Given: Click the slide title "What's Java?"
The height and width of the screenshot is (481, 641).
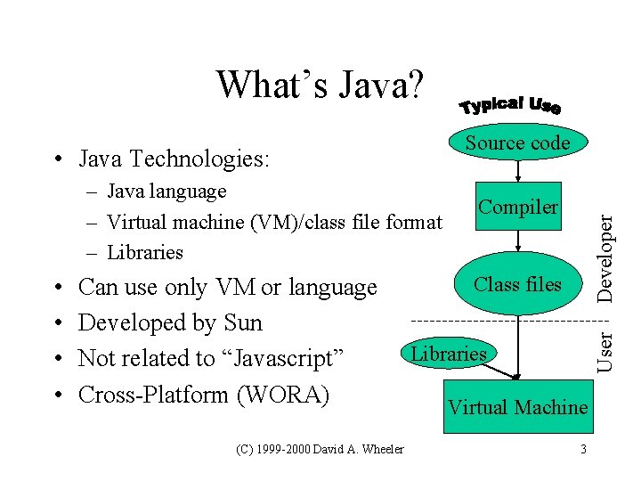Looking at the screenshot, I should click(321, 85).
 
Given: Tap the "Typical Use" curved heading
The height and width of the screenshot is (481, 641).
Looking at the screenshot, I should click(510, 106).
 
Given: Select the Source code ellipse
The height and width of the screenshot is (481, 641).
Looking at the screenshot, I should click(517, 143).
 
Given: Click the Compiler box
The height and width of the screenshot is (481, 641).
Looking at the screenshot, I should click(518, 208).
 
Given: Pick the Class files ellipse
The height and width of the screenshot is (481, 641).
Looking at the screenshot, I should click(517, 285).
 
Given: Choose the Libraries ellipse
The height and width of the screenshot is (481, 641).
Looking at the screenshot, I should click(450, 354).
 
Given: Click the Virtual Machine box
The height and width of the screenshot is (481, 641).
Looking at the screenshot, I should click(517, 408).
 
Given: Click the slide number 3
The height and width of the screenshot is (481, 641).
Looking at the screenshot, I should click(583, 449).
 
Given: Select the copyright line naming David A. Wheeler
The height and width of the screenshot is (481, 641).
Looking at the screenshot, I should click(320, 449).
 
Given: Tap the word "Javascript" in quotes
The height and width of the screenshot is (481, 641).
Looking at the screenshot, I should click(288, 358).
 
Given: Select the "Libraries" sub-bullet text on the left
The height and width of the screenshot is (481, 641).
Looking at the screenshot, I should click(145, 252).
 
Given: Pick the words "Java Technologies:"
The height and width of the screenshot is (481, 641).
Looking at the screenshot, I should click(174, 159).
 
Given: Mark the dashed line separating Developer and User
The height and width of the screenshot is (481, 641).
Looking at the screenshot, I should click(499, 319).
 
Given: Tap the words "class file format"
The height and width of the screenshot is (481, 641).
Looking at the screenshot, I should click(375, 221).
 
